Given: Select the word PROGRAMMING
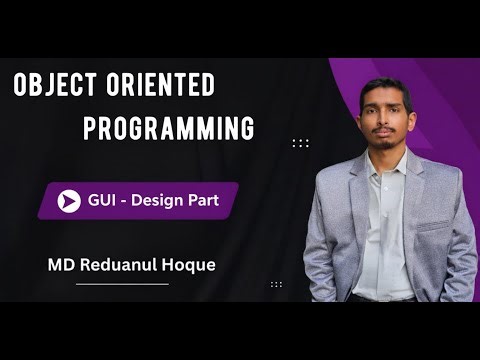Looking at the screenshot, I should [168, 129].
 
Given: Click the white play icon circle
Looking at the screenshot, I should [69, 201].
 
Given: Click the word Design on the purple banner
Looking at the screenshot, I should [164, 201].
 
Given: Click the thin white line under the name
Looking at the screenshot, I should [122, 284].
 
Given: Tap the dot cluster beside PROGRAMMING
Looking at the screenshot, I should [300, 143].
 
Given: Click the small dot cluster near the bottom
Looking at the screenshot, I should [276, 283].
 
